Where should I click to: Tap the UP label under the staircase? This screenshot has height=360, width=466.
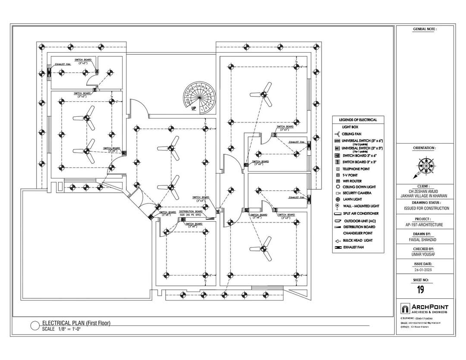pos(194,108)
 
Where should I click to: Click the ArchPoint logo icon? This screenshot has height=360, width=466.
pos(405,309)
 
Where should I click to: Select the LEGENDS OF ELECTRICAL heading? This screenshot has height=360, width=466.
pos(358,120)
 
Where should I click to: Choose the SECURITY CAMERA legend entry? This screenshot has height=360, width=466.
pos(356,193)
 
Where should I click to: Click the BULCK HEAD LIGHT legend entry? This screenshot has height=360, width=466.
pos(357,240)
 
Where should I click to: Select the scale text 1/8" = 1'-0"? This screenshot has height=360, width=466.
pos(67,329)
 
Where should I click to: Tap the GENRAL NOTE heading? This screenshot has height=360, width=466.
pos(425,29)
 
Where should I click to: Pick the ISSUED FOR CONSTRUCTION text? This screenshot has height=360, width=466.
pos(426,208)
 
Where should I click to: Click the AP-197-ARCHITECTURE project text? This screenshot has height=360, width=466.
pos(424,225)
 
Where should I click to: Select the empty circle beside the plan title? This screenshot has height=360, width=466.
pos(35,326)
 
